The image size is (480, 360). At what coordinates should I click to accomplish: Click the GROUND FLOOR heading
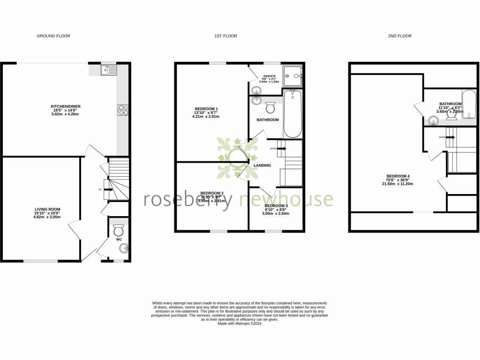[53, 36]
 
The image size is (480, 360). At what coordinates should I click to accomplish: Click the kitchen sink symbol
[108, 70]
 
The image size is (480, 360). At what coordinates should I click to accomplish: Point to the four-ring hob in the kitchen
[123, 110]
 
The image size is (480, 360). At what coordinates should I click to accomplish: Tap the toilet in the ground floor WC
[119, 231]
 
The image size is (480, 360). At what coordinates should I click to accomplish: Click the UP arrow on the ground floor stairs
[106, 189]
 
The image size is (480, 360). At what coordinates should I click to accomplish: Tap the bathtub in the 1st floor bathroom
[293, 114]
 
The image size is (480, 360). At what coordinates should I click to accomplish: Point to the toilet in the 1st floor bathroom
[270, 108]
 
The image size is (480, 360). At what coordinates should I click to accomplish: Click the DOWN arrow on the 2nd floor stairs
[450, 137]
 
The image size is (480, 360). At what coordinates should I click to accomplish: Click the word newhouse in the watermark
[286, 199]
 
